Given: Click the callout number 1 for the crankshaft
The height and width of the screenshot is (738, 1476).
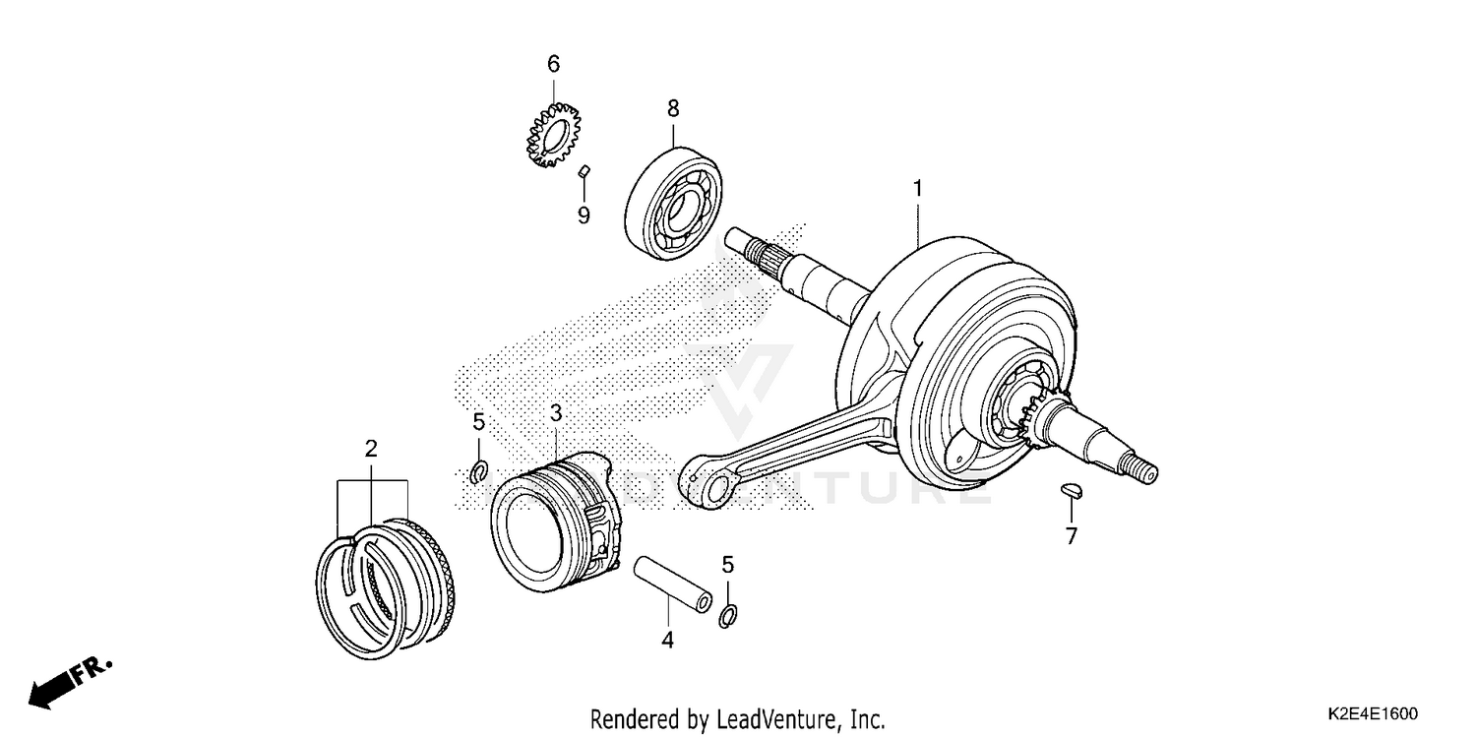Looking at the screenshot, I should pyautogui.click(x=917, y=187).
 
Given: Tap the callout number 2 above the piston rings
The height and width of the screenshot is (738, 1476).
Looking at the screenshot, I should pyautogui.click(x=371, y=450).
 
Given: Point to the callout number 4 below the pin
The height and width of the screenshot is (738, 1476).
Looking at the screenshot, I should pyautogui.click(x=667, y=640).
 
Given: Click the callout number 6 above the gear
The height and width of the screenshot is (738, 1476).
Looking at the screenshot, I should pyautogui.click(x=553, y=64).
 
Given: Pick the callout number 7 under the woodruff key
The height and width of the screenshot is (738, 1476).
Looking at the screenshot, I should pyautogui.click(x=1072, y=536).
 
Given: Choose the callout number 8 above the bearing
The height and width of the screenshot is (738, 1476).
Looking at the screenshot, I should pyautogui.click(x=673, y=108).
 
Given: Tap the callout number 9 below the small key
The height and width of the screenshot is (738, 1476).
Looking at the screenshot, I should pyautogui.click(x=584, y=215).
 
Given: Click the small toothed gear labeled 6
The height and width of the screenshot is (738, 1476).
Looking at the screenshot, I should pyautogui.click(x=551, y=135).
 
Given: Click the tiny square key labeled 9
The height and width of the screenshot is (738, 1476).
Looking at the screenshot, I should pyautogui.click(x=583, y=171).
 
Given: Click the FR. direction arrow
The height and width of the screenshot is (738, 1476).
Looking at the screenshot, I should pyautogui.click(x=69, y=680).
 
